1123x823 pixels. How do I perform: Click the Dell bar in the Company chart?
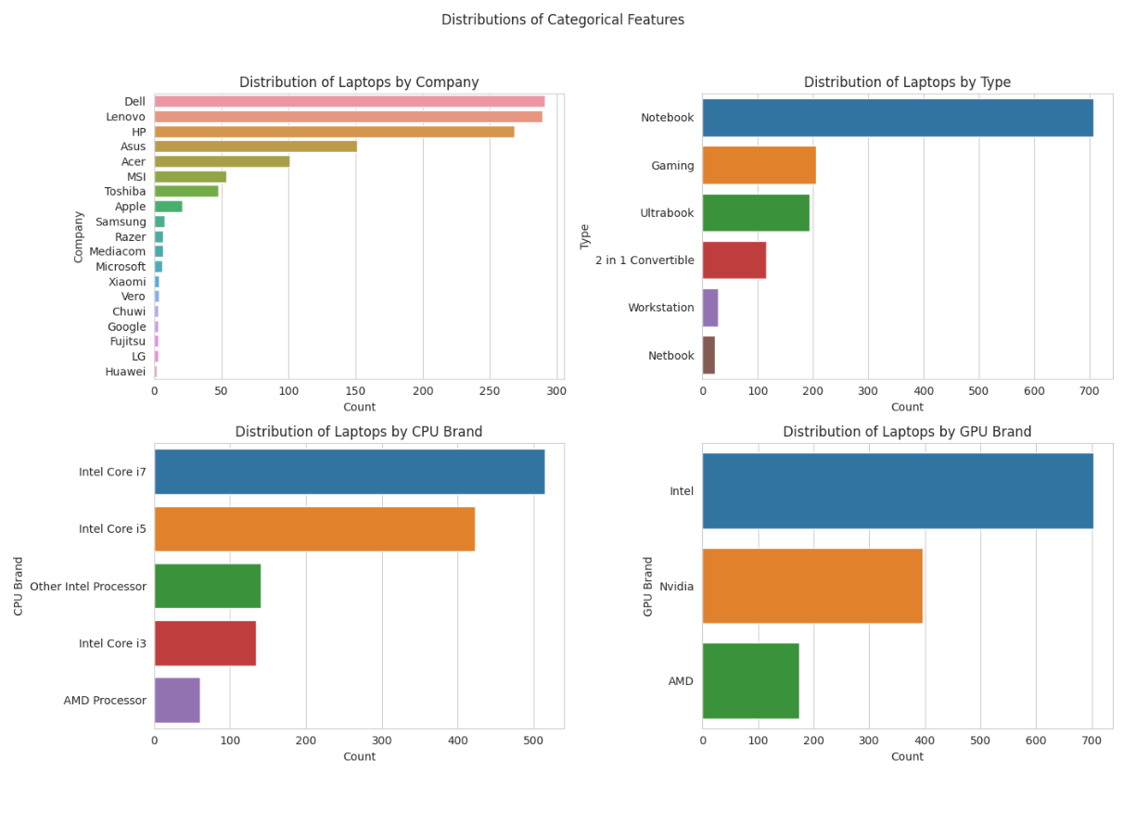pyautogui.click(x=349, y=101)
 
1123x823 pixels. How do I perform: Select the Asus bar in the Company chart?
pyautogui.click(x=255, y=146)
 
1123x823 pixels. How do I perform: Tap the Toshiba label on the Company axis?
pyautogui.click(x=124, y=192)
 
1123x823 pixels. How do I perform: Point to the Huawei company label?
pyautogui.click(x=125, y=372)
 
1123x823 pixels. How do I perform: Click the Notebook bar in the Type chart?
pyautogui.click(x=897, y=118)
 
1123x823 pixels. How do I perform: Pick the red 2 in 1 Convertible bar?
pyautogui.click(x=734, y=260)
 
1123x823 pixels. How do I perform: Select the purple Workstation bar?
pyautogui.click(x=709, y=308)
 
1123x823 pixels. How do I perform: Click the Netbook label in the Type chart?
pyautogui.click(x=671, y=356)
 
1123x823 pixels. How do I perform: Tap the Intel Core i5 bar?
pyautogui.click(x=314, y=529)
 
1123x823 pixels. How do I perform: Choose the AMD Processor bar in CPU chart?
pyautogui.click(x=176, y=701)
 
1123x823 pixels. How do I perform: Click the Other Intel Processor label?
pyautogui.click(x=88, y=587)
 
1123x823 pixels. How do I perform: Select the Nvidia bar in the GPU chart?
pyautogui.click(x=811, y=586)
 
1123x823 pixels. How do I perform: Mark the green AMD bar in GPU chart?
pyautogui.click(x=750, y=681)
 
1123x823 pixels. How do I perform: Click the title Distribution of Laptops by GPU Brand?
pyautogui.click(x=906, y=432)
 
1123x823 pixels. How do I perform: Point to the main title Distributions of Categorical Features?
pyautogui.click(x=562, y=19)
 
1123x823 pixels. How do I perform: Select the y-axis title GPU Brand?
pyautogui.click(x=648, y=586)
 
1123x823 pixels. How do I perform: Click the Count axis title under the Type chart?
pyautogui.click(x=906, y=407)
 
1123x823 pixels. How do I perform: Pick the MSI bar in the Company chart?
pyautogui.click(x=189, y=176)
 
